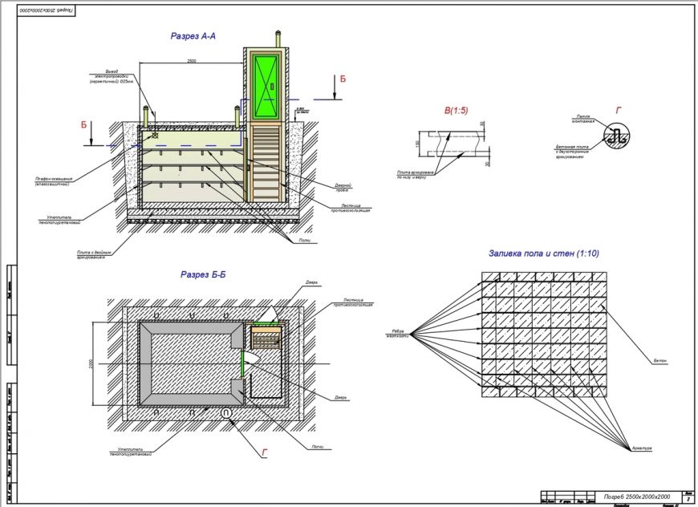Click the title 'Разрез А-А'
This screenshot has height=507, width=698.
(x=193, y=36)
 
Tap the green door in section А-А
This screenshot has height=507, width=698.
(x=265, y=87)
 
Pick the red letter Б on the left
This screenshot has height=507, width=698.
(x=83, y=125)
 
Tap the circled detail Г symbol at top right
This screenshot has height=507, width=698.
(x=618, y=136)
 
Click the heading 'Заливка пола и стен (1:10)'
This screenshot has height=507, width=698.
(x=544, y=253)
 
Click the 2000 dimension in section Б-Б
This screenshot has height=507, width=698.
(x=93, y=363)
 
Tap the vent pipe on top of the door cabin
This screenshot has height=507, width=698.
(x=278, y=38)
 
